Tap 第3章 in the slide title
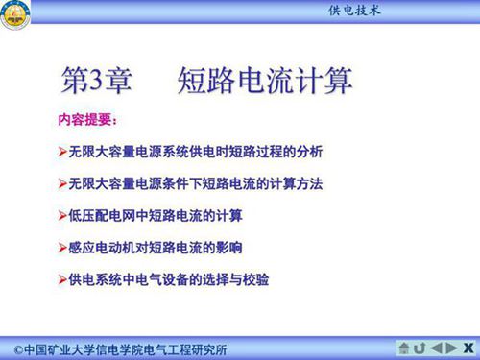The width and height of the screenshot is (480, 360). click(93, 81)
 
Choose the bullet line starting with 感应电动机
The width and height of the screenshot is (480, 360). click(156, 247)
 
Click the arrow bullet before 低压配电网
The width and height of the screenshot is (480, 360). click(62, 215)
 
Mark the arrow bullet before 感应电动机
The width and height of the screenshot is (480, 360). click(62, 247)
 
